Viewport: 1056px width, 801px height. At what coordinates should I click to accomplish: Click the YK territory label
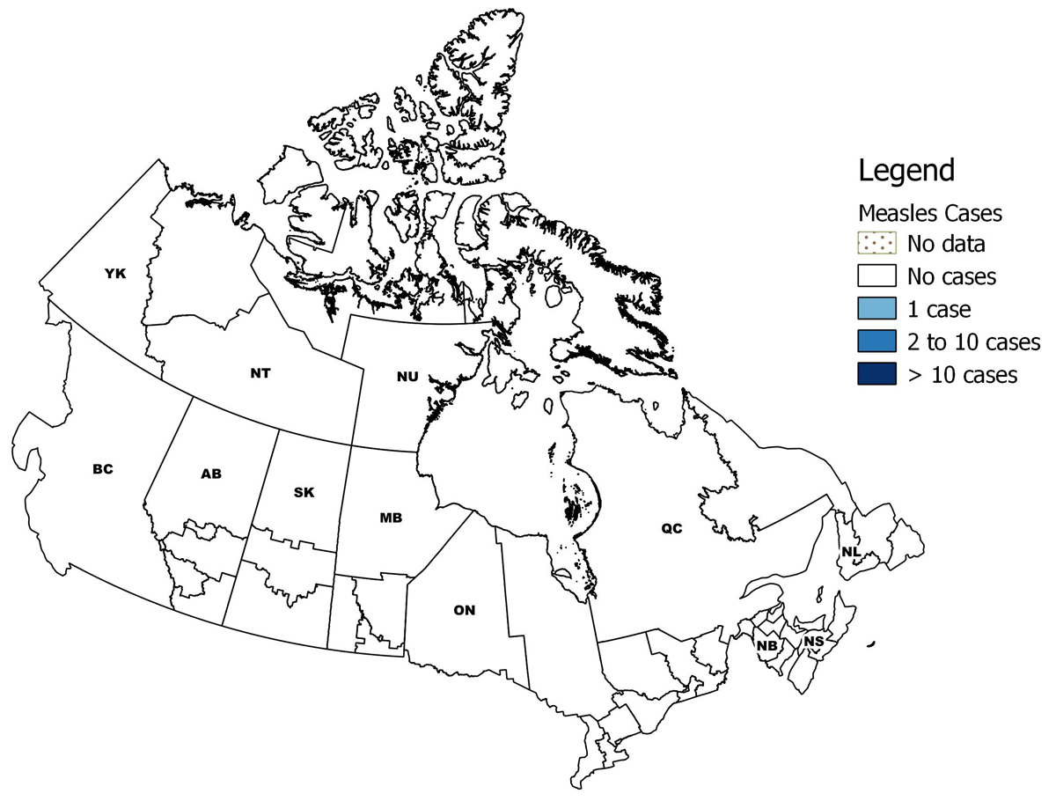pyautogui.click(x=115, y=274)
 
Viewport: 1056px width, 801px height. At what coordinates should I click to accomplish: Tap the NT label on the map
pyautogui.click(x=260, y=372)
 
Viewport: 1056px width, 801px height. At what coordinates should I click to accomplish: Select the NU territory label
pyautogui.click(x=407, y=377)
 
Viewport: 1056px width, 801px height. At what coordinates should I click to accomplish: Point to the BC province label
pyautogui.click(x=103, y=469)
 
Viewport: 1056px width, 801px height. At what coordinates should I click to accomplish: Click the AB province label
pyautogui.click(x=211, y=474)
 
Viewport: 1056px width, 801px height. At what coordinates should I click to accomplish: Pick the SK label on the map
pyautogui.click(x=304, y=492)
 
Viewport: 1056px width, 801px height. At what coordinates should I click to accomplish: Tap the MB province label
pyautogui.click(x=391, y=518)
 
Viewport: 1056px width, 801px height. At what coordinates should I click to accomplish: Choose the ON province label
pyautogui.click(x=465, y=610)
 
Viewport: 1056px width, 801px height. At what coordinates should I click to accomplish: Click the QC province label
pyautogui.click(x=671, y=528)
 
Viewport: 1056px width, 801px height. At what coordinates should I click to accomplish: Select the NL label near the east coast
pyautogui.click(x=849, y=552)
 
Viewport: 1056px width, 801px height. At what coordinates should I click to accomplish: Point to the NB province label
pyautogui.click(x=766, y=645)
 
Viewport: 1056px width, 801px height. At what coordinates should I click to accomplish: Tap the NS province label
pyautogui.click(x=814, y=642)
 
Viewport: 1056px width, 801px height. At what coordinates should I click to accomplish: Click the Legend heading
pyautogui.click(x=906, y=170)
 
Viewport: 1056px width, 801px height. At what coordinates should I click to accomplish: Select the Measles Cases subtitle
pyautogui.click(x=930, y=213)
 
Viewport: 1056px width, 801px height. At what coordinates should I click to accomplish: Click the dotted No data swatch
pyautogui.click(x=876, y=243)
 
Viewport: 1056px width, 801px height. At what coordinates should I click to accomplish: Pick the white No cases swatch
pyautogui.click(x=876, y=276)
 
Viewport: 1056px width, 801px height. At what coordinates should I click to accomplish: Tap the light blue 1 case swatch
pyautogui.click(x=876, y=309)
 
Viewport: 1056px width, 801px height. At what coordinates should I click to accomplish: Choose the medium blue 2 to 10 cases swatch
pyautogui.click(x=876, y=342)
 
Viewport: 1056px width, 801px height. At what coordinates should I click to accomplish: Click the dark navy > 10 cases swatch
pyautogui.click(x=876, y=374)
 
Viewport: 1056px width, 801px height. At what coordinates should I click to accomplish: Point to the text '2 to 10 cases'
pyautogui.click(x=974, y=342)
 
